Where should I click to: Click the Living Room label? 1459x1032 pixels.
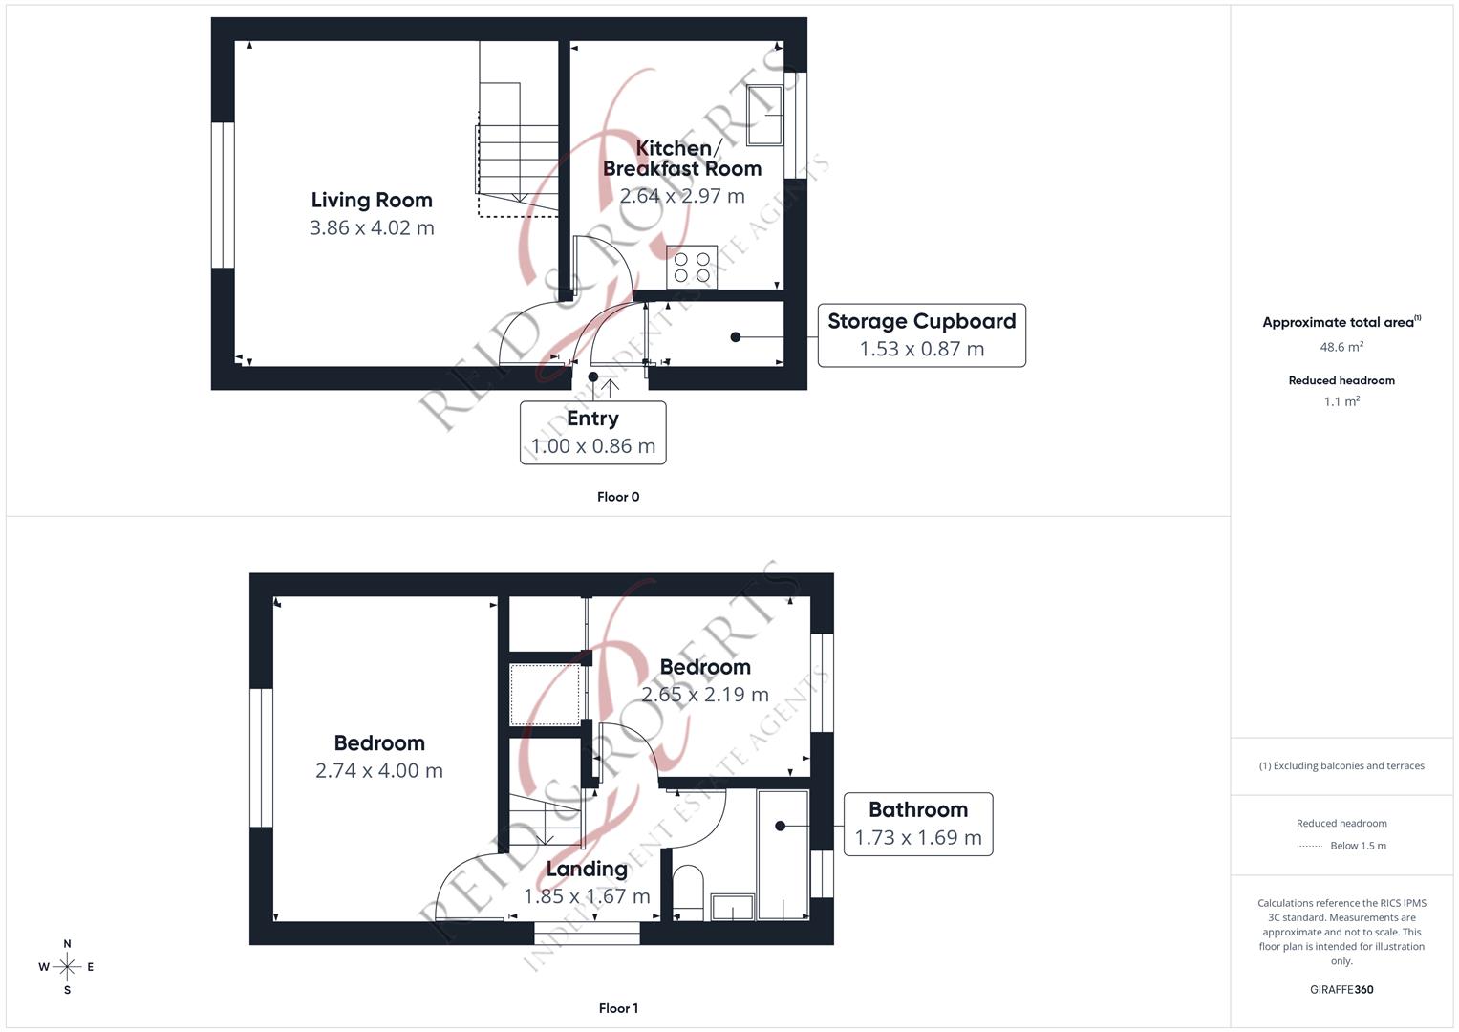pyautogui.click(x=372, y=200)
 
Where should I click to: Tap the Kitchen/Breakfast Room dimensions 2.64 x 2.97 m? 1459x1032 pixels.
pyautogui.click(x=681, y=196)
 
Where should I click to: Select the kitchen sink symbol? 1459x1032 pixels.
pyautogui.click(x=764, y=116)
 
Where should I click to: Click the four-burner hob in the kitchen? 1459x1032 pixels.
pyautogui.click(x=692, y=268)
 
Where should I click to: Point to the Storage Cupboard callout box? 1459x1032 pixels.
pyautogui.click(x=921, y=335)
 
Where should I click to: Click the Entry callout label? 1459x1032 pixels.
pyautogui.click(x=592, y=419)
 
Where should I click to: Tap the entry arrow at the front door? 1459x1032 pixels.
pyautogui.click(x=610, y=386)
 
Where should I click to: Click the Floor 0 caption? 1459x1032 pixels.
pyautogui.click(x=618, y=497)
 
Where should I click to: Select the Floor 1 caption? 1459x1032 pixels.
pyautogui.click(x=618, y=1008)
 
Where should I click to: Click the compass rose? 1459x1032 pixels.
pyautogui.click(x=67, y=967)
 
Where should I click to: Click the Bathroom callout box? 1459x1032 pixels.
pyautogui.click(x=917, y=824)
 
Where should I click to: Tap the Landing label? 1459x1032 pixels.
pyautogui.click(x=587, y=869)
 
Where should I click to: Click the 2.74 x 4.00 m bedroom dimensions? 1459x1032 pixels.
pyautogui.click(x=378, y=771)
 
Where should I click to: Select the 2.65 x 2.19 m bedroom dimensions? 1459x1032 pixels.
pyautogui.click(x=704, y=695)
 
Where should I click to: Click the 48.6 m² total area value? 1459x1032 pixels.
pyautogui.click(x=1341, y=348)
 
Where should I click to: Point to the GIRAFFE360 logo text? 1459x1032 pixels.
pyautogui.click(x=1341, y=990)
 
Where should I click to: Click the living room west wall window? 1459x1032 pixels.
pyautogui.click(x=223, y=195)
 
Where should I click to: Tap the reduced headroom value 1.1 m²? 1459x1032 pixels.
pyautogui.click(x=1341, y=402)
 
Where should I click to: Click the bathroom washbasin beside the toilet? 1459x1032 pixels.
pyautogui.click(x=732, y=908)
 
